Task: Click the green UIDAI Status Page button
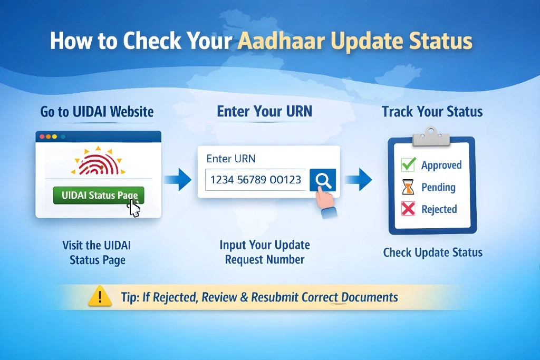coord(98,196)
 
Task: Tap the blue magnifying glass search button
coord(322,180)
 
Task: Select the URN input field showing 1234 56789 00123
coord(256,180)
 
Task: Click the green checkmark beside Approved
coord(408,165)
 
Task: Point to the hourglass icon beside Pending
coord(408,187)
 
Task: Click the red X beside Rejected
coord(408,209)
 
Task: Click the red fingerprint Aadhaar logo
coord(98,163)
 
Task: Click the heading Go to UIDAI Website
coord(97,112)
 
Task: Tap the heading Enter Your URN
coord(265,111)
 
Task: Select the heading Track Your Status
coord(432,112)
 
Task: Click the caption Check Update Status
coord(432,252)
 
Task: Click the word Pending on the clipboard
coord(438,188)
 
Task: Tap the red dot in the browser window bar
coord(41,137)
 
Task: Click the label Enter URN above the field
coord(231,159)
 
